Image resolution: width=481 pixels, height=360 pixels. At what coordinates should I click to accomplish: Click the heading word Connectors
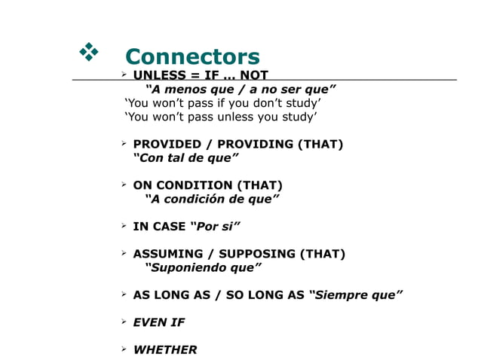[192, 56]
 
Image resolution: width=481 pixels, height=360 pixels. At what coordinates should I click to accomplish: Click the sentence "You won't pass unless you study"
[221, 117]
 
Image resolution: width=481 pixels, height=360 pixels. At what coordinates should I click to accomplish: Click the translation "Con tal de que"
[186, 158]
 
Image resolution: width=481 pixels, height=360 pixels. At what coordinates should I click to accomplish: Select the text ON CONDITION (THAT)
[208, 185]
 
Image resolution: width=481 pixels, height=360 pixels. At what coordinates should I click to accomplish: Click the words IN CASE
[160, 226]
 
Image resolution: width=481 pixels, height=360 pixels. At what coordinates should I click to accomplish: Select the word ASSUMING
[168, 254]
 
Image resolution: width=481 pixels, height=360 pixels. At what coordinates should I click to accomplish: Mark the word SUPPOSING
[259, 254]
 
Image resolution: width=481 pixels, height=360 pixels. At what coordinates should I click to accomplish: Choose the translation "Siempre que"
[356, 294]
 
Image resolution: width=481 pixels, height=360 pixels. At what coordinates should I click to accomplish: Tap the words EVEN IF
[158, 322]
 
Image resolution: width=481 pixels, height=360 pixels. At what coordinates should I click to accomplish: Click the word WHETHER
[165, 349]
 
